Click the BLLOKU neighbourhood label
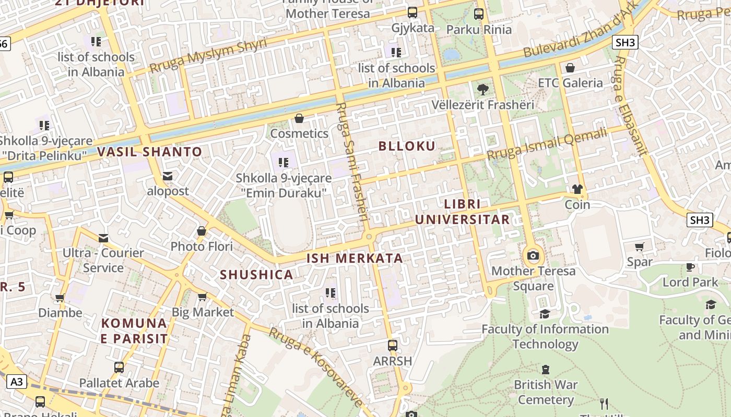pyautogui.click(x=406, y=146)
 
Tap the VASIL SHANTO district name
pyautogui.click(x=149, y=152)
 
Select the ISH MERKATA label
pyautogui.click(x=355, y=258)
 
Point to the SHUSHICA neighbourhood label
pyautogui.click(x=256, y=275)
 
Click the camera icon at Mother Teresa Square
pyautogui.click(x=533, y=255)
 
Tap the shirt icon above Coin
pyautogui.click(x=577, y=189)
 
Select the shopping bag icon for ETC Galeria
pyautogui.click(x=570, y=68)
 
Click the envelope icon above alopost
pyautogui.click(x=168, y=176)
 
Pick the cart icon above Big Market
pyautogui.click(x=202, y=297)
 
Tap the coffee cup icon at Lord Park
pyautogui.click(x=690, y=267)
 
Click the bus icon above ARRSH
pyautogui.click(x=392, y=346)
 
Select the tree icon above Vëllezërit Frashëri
pyautogui.click(x=483, y=89)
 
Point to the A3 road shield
pyautogui.click(x=17, y=382)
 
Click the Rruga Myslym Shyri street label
pyautogui.click(x=208, y=55)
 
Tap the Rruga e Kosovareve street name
pyautogui.click(x=315, y=367)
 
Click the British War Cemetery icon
pyautogui.click(x=546, y=370)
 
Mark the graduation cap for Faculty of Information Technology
pyautogui.click(x=545, y=314)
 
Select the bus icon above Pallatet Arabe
pyautogui.click(x=119, y=367)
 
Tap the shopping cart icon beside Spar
pyautogui.click(x=640, y=247)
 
